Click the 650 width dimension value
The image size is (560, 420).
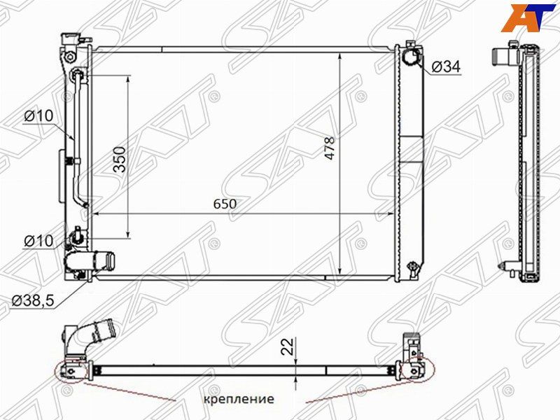point(225,204)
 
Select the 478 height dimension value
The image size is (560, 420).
point(330,148)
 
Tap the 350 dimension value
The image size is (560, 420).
point(120,160)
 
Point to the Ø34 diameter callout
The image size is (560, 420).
point(446,66)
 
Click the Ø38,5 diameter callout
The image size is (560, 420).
point(33,301)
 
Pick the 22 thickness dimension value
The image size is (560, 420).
point(288,346)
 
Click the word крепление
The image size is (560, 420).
point(239,398)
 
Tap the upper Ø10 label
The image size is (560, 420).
point(38,115)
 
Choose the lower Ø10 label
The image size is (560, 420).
point(38,241)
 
